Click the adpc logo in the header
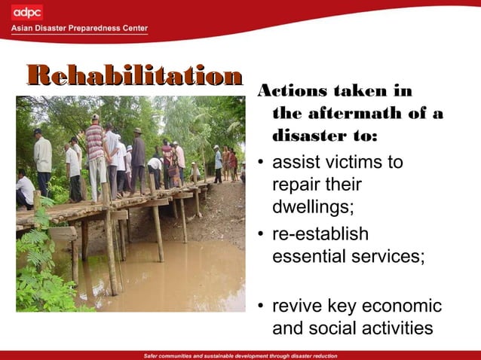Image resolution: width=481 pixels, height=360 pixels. [x=27, y=12]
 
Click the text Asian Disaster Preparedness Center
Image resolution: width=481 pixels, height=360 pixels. [x=79, y=29]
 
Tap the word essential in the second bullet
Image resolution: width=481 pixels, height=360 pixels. [x=308, y=257]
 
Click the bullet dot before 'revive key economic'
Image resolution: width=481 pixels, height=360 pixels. [x=260, y=308]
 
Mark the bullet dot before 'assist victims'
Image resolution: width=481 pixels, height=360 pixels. [x=260, y=163]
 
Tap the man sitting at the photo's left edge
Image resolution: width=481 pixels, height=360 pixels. [x=24, y=190]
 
